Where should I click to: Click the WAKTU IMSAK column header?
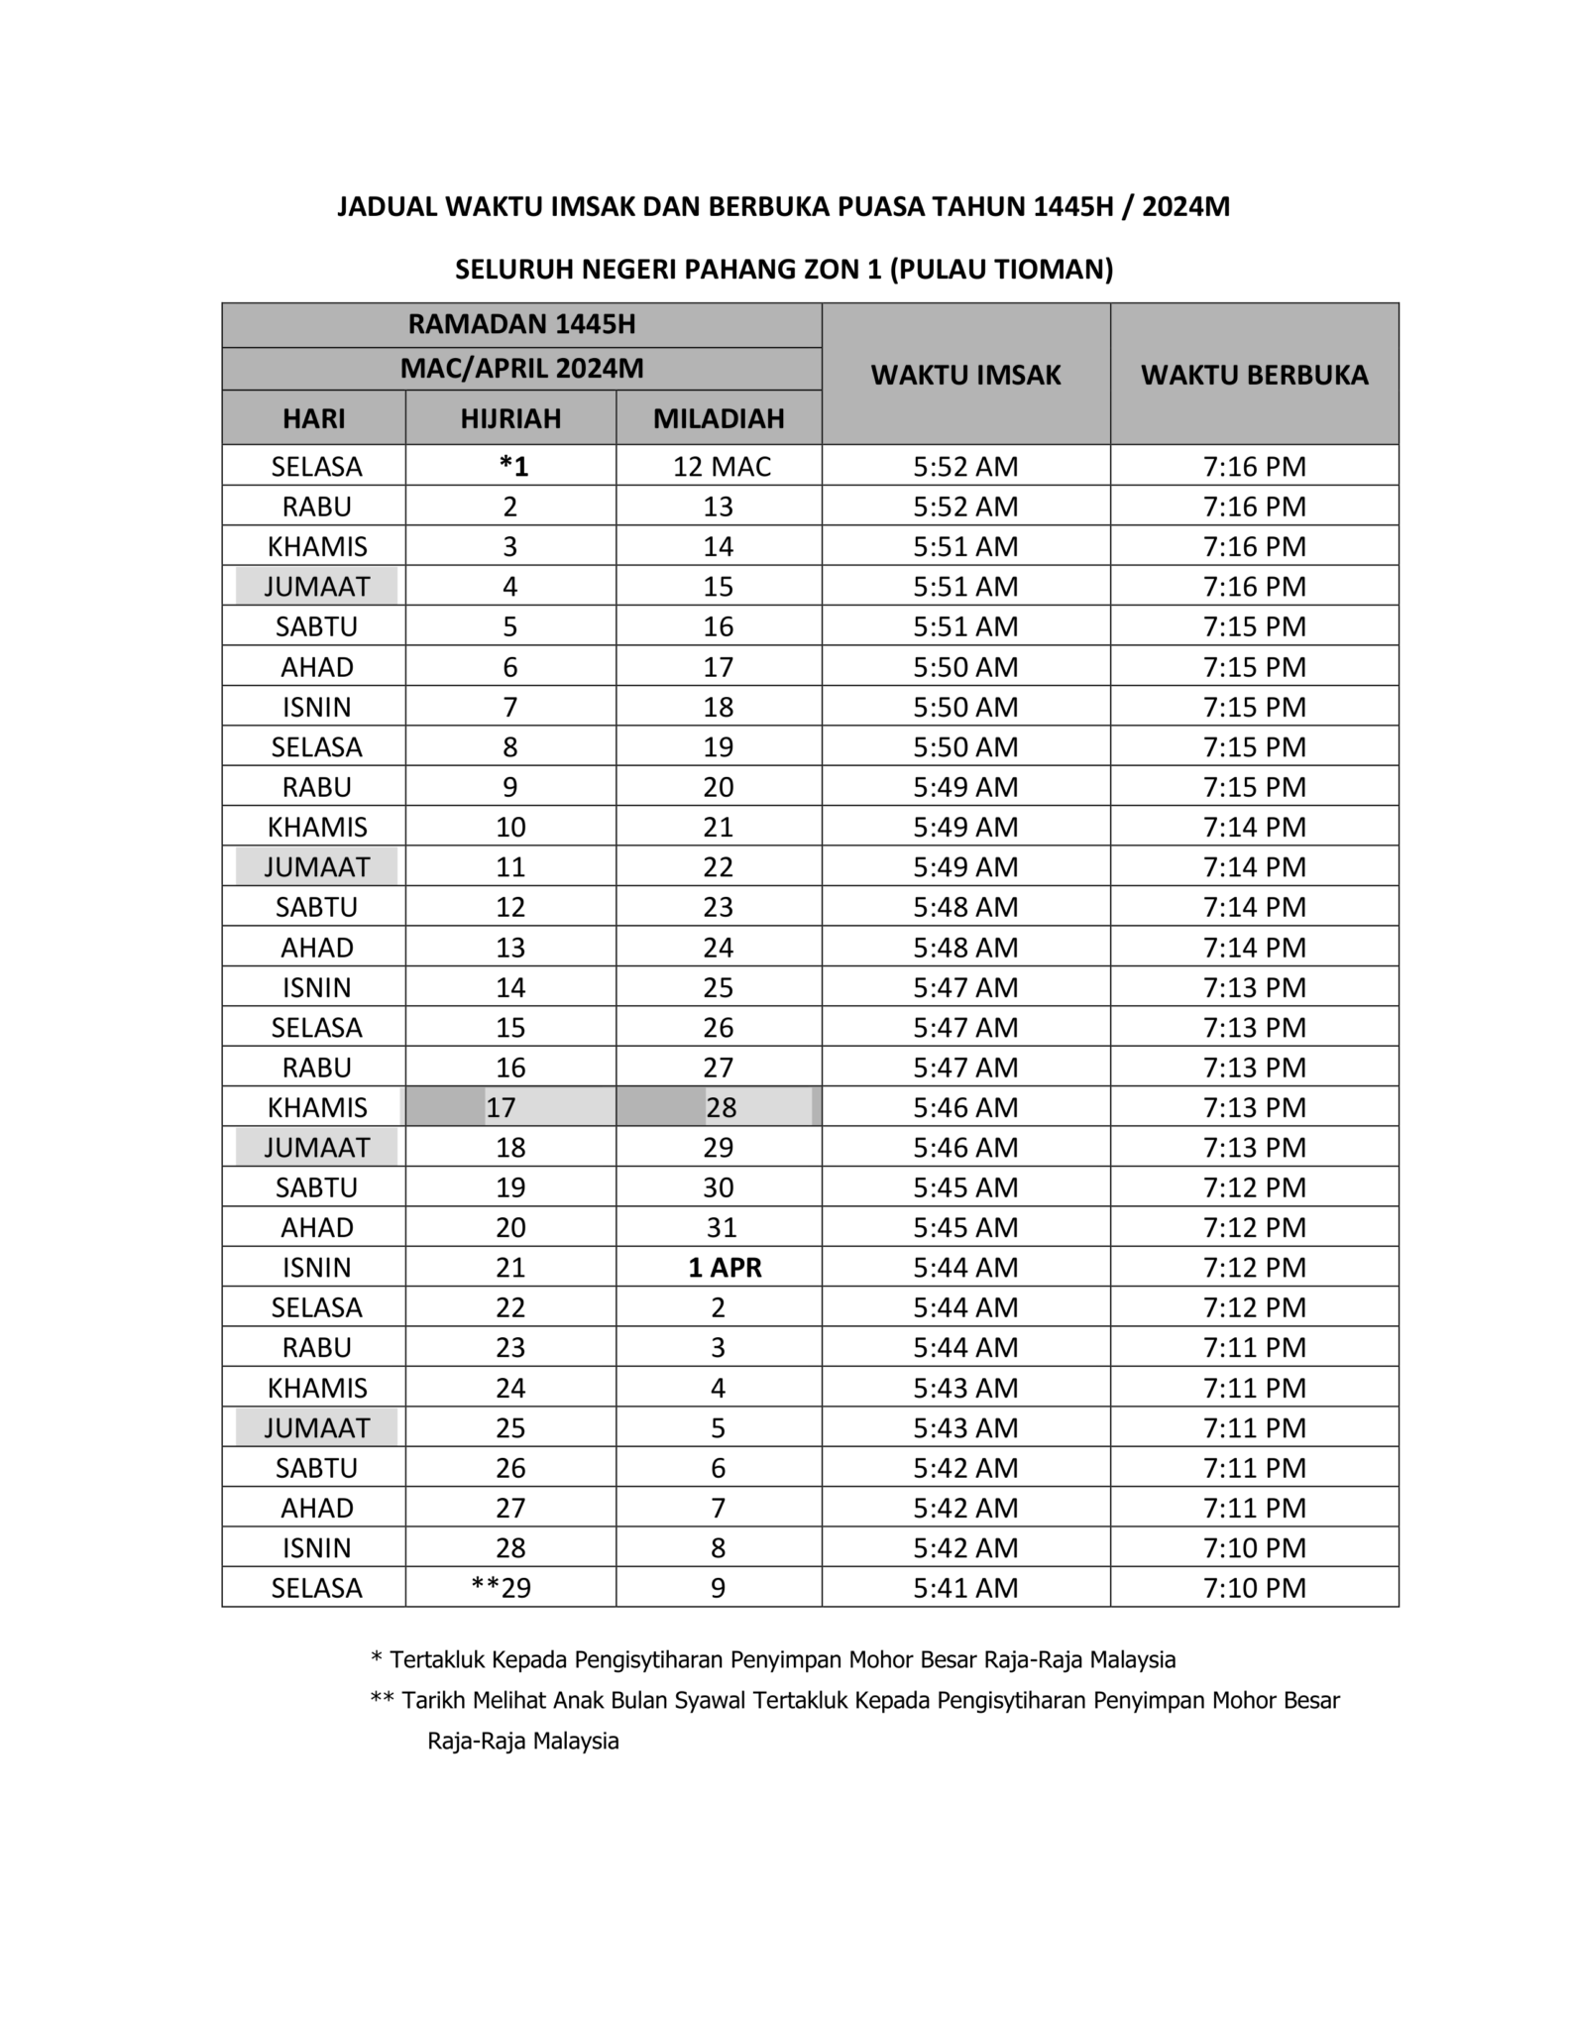click(x=965, y=375)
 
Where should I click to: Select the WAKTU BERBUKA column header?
click(x=1254, y=375)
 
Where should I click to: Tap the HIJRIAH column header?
click(x=510, y=418)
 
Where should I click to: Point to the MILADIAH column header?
click(x=719, y=418)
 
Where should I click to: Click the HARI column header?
click(x=314, y=418)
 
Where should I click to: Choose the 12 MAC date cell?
click(x=722, y=466)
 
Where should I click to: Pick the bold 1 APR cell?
click(x=725, y=1267)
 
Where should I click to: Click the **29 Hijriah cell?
click(x=502, y=1588)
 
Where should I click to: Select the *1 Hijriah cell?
click(x=513, y=466)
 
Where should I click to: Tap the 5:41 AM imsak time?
click(x=965, y=1588)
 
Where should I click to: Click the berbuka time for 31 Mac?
click(x=1254, y=1227)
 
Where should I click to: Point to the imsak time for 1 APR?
click(x=965, y=1267)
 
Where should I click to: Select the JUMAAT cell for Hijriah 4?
click(x=316, y=587)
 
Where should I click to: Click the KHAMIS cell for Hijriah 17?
click(x=317, y=1107)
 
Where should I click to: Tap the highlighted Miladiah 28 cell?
click(x=721, y=1107)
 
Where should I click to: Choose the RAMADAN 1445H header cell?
click(x=521, y=325)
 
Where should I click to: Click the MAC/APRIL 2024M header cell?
click(x=521, y=369)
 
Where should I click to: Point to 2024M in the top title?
click(x=1185, y=206)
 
